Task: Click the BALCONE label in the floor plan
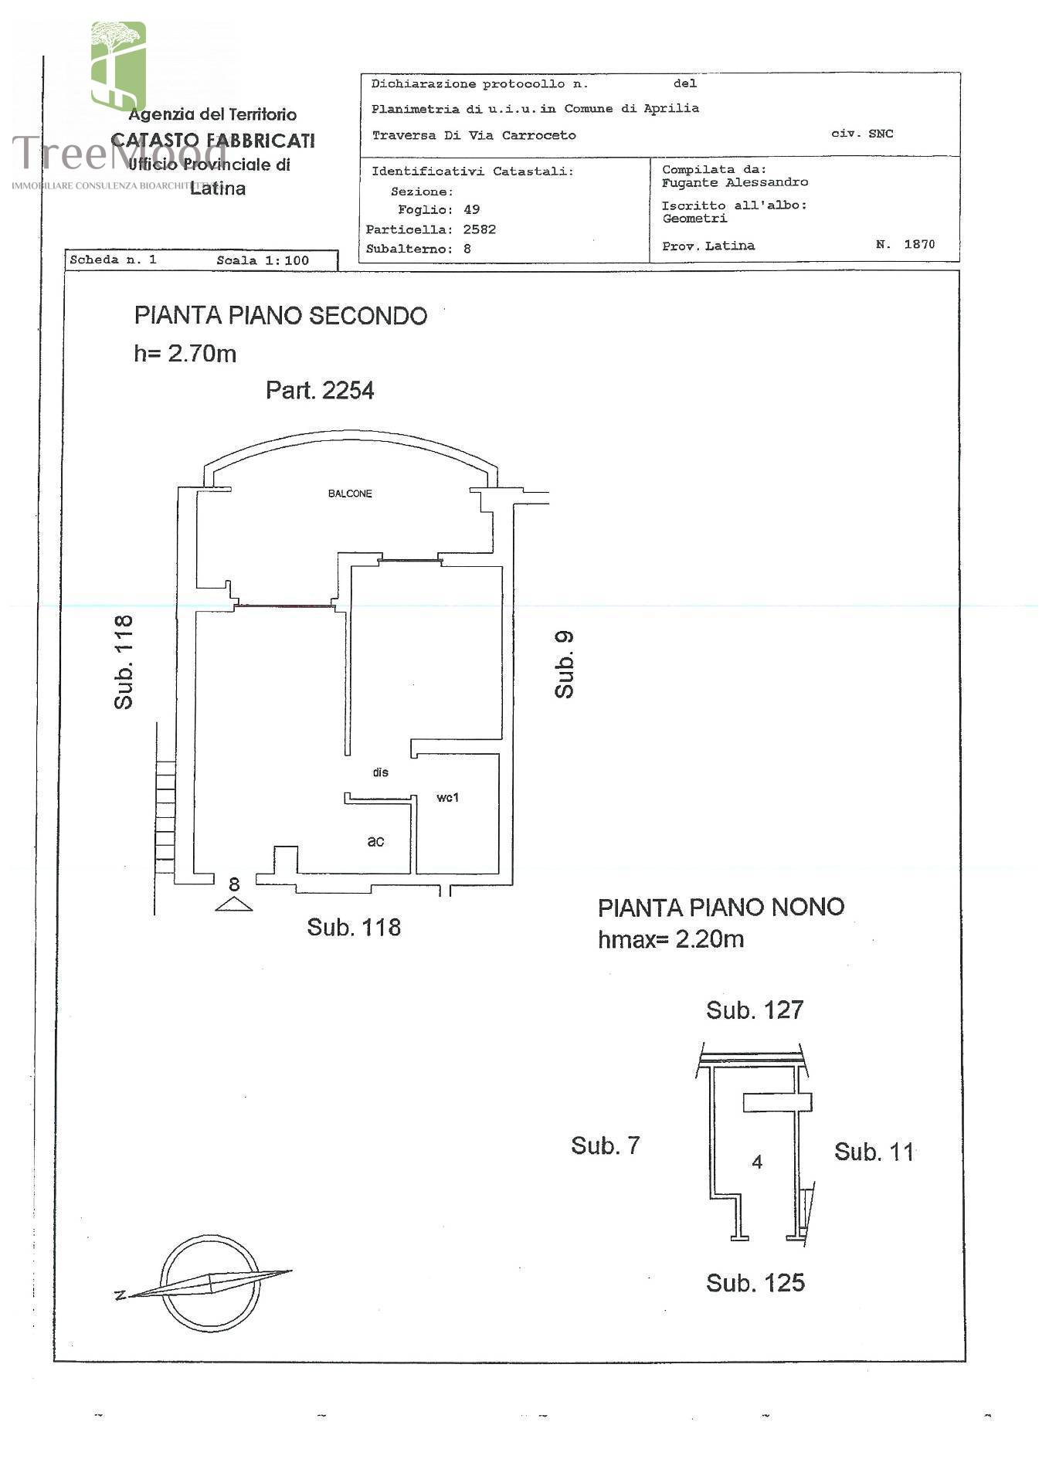point(350,494)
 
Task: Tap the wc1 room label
point(447,797)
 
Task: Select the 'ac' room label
point(375,841)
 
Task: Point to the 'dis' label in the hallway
point(380,772)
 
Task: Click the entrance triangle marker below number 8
point(233,904)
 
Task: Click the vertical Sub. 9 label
point(565,664)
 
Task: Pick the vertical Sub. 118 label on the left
point(124,662)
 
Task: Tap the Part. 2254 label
point(320,390)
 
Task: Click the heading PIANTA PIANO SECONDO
point(280,316)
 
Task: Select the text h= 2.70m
point(185,354)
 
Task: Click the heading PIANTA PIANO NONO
point(721,908)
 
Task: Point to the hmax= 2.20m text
point(670,939)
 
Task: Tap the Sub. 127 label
point(755,1010)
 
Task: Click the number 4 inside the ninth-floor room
point(757,1162)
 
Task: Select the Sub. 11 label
point(874,1152)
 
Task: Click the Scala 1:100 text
point(263,261)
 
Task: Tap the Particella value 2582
point(480,229)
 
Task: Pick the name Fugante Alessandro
point(735,183)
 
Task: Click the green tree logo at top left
point(118,66)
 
